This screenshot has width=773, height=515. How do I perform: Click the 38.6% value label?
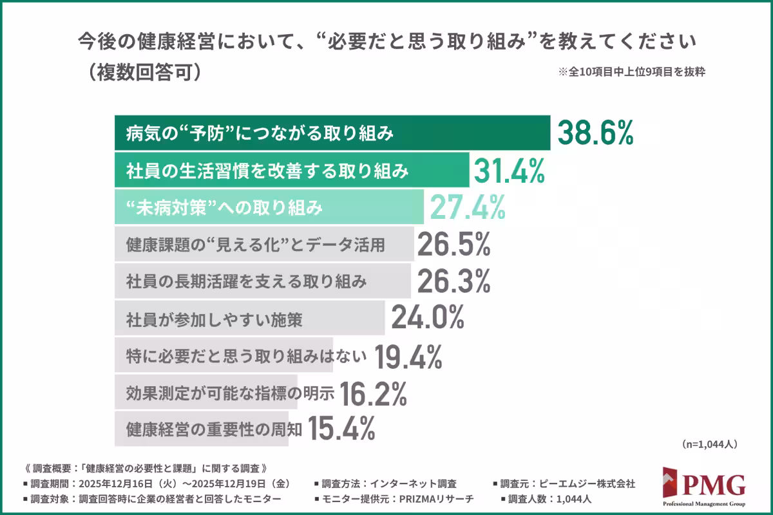coord(596,133)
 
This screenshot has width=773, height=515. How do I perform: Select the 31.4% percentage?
coord(510,171)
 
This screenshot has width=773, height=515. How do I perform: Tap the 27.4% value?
coord(467,207)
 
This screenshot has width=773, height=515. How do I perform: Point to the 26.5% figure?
coord(454,245)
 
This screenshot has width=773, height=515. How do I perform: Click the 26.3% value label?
coord(454,281)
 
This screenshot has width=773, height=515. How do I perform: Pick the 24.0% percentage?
coord(428,318)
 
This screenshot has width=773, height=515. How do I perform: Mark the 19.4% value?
coord(408,355)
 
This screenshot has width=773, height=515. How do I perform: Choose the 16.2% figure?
coord(373,393)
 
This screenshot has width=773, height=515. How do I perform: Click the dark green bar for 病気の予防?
coord(332,133)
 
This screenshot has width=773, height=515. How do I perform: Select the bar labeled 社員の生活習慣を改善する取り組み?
coord(292,171)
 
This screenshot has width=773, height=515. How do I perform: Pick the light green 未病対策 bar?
coord(269,207)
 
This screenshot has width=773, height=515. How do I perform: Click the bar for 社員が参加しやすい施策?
coord(249,318)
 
